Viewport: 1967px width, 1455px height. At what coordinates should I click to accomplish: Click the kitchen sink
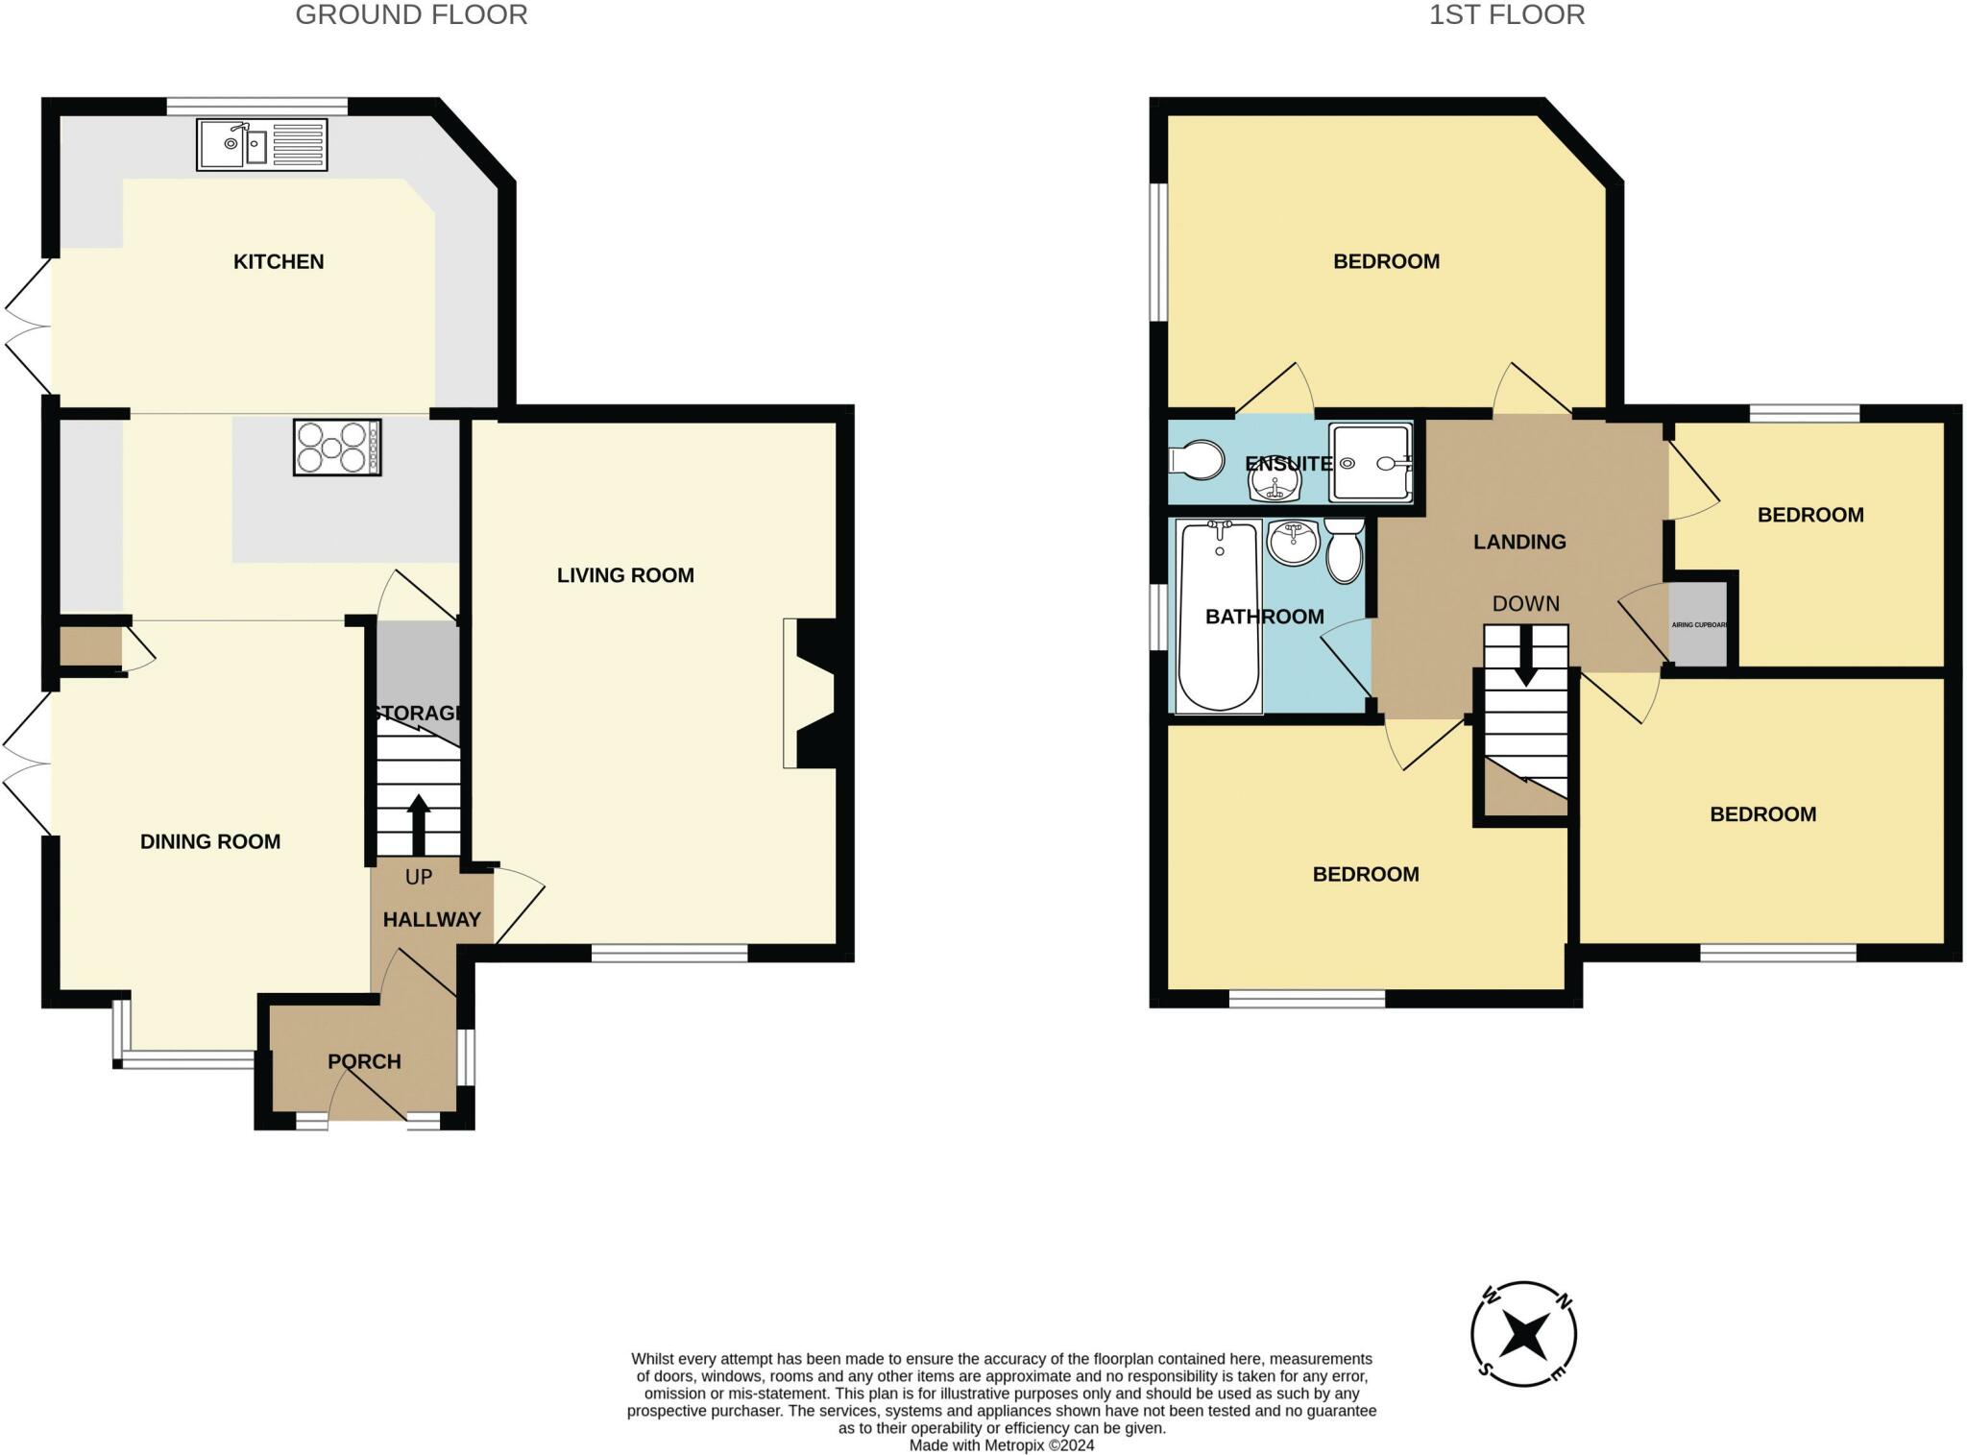coord(262,145)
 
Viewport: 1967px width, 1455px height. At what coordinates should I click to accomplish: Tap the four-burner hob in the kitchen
coord(337,448)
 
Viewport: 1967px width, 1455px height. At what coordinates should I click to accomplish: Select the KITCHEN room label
coord(279,261)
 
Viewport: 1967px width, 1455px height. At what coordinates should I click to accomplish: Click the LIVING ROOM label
coord(625,575)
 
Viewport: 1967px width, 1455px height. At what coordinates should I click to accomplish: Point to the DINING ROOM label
coord(210,841)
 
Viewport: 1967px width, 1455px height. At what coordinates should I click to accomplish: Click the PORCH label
coord(364,1061)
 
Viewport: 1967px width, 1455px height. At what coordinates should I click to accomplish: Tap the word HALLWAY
coord(432,920)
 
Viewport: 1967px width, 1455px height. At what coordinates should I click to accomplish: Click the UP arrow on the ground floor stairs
coord(418,824)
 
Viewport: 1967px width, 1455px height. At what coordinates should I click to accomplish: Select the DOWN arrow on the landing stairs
coord(1525,656)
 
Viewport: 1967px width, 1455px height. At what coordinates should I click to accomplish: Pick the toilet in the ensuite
coord(1197,460)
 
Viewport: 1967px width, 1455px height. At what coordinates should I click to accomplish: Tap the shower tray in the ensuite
coord(1372,463)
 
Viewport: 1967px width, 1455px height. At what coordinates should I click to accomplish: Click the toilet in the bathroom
coord(1345,551)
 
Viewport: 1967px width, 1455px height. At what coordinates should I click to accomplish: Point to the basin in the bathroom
coord(1293,543)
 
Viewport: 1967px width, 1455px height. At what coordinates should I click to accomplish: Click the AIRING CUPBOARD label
coord(1699,625)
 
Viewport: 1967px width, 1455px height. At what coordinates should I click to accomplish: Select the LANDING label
coord(1519,542)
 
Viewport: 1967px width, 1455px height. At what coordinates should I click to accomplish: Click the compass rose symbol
coord(1524,1334)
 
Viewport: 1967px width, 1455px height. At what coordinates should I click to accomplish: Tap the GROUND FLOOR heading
coord(411,15)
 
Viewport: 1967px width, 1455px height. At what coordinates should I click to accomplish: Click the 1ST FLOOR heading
coord(1507,15)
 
